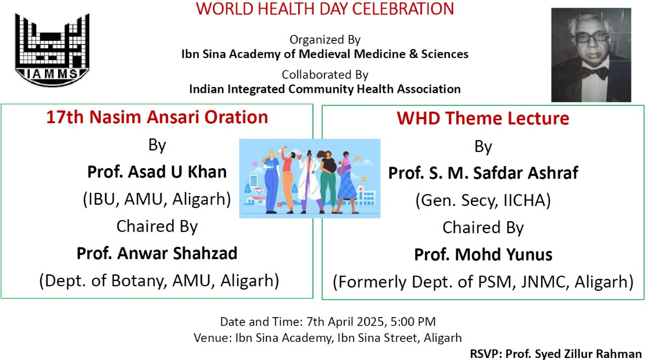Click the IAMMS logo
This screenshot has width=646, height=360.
tap(52, 49)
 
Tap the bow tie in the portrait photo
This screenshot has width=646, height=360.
tap(595, 72)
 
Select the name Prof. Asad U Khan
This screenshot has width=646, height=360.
tap(157, 172)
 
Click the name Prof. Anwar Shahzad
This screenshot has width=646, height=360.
tap(157, 253)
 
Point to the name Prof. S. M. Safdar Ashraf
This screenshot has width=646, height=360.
tap(483, 173)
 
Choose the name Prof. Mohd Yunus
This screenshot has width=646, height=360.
tap(483, 254)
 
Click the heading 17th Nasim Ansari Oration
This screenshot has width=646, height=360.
tap(157, 117)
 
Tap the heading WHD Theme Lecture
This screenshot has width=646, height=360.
tap(483, 118)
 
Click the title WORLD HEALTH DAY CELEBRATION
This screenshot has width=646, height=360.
tap(325, 9)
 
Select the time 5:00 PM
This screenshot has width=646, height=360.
tap(413, 322)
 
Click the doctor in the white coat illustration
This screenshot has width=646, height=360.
tap(309, 182)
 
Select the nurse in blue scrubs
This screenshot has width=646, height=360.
tap(272, 182)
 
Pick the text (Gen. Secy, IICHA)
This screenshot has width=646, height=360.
tap(483, 200)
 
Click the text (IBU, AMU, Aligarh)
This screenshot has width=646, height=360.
tap(157, 199)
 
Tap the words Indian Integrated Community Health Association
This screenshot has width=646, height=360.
tap(325, 89)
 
